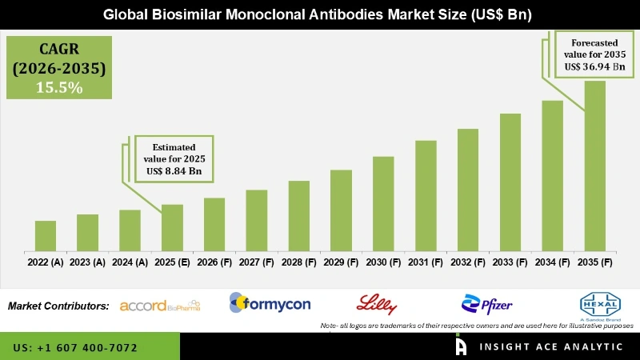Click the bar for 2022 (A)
pyautogui.click(x=46, y=236)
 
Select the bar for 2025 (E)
pyautogui.click(x=172, y=228)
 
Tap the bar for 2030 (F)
pyautogui.click(x=383, y=204)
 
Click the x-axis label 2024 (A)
pyautogui.click(x=130, y=262)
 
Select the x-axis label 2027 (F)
pyautogui.click(x=256, y=262)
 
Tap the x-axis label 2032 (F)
pyautogui.click(x=467, y=262)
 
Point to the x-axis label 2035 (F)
pyautogui.click(x=594, y=262)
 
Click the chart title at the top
pyautogui.click(x=320, y=14)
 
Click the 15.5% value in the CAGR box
pyautogui.click(x=58, y=88)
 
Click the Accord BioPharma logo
pyautogui.click(x=159, y=305)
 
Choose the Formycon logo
pyautogui.click(x=270, y=303)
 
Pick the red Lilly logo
pyautogui.click(x=376, y=303)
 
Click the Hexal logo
pyautogui.click(x=599, y=304)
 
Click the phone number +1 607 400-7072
pyautogui.click(x=75, y=348)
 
